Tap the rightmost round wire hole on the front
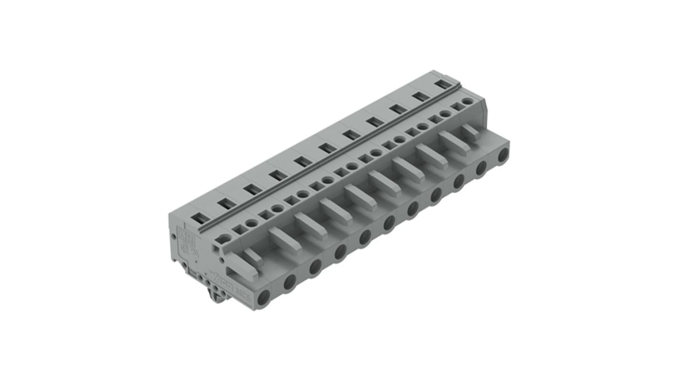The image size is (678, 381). coord(503,155)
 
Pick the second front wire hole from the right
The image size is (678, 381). coord(481,168)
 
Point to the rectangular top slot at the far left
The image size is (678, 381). coord(201,218)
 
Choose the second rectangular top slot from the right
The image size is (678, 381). coord(421,96)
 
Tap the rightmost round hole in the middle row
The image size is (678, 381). coord(467,101)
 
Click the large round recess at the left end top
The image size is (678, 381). coord(222,239)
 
